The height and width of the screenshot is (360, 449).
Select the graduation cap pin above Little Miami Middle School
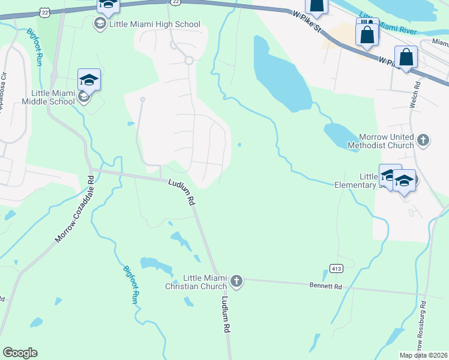(89, 79)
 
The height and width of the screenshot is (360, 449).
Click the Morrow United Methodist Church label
(386, 141)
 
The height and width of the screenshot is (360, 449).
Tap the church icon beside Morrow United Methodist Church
(423, 141)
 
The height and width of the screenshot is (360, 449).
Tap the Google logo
(20, 353)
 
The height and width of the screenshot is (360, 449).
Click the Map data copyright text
(424, 355)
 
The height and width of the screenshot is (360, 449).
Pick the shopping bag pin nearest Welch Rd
(406, 58)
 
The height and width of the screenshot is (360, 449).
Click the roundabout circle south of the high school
(188, 60)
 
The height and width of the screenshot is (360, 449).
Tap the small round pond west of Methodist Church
(240, 145)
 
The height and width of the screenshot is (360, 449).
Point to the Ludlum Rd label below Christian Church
(226, 314)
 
